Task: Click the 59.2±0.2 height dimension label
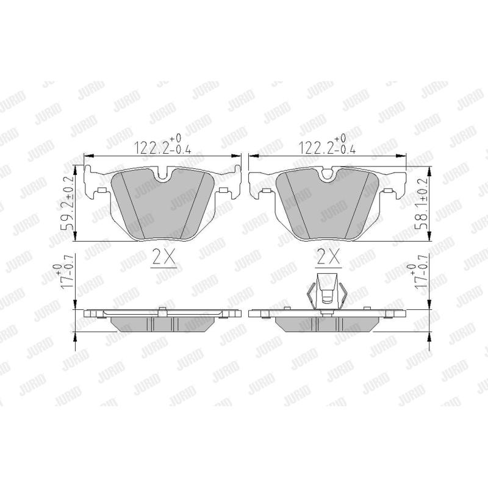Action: (68, 203)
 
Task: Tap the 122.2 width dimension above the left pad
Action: (162, 143)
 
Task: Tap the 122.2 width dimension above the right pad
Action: (327, 143)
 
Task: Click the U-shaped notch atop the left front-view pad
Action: (163, 176)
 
